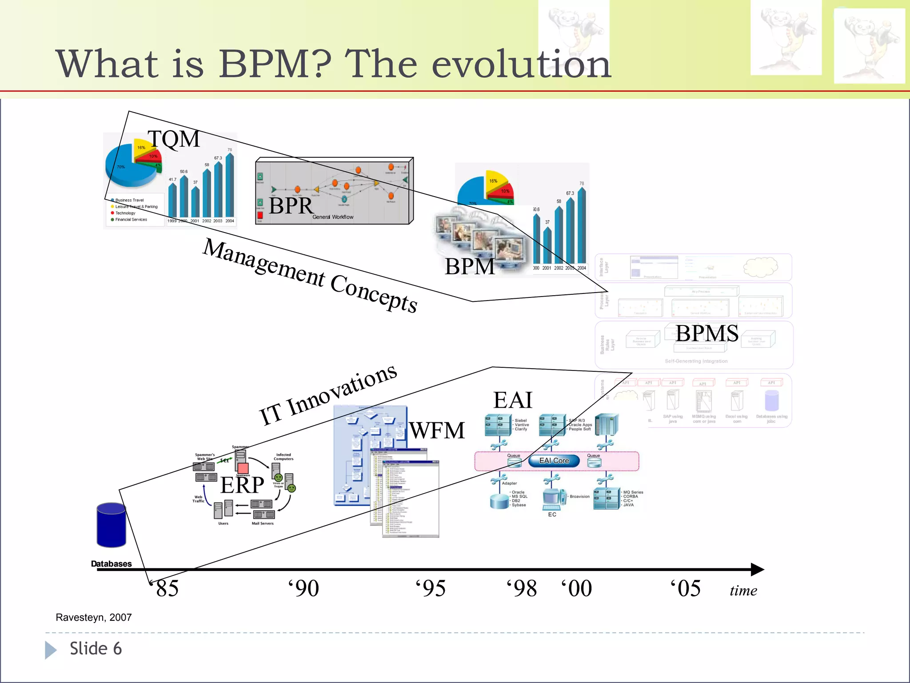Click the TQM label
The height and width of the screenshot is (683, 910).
(174, 139)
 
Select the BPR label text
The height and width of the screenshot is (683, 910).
(291, 206)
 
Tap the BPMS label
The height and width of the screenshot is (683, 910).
(707, 333)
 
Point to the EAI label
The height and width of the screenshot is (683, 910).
(513, 400)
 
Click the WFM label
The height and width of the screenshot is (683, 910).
(437, 430)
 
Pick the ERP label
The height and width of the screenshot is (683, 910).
(242, 485)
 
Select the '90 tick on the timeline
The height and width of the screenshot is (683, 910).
(304, 588)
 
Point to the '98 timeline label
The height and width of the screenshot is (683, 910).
(522, 588)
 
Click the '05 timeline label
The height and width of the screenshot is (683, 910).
(686, 588)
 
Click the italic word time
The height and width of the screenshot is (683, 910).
(743, 591)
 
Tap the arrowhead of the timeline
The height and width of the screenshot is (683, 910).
(757, 569)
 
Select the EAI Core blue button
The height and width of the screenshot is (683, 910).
(554, 461)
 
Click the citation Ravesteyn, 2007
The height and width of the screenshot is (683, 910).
(94, 617)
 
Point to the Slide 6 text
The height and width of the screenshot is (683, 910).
(96, 649)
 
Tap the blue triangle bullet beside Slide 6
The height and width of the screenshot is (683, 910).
(51, 650)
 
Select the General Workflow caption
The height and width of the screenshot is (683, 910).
(333, 217)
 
